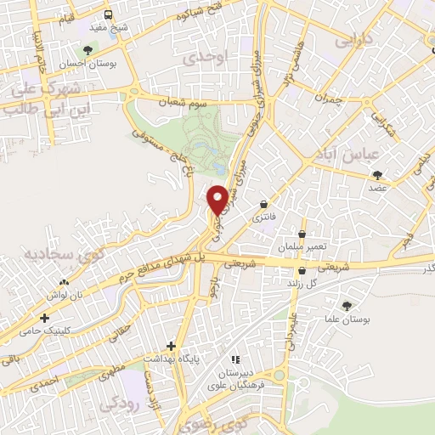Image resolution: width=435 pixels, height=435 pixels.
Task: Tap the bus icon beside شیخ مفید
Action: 109,14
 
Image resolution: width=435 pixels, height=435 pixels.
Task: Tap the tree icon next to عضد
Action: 377,175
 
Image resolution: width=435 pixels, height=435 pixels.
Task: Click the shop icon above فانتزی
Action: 265,205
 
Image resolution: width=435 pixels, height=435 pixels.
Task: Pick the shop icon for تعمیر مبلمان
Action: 301,234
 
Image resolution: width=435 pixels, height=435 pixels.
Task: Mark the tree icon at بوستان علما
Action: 347,306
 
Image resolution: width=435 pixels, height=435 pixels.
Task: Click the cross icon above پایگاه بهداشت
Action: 172,346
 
